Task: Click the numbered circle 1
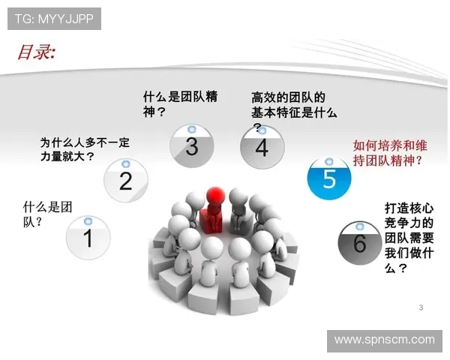(87, 238)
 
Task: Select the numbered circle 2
(125, 181)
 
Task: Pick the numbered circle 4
(261, 147)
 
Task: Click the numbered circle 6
(359, 243)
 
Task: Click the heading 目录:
(37, 52)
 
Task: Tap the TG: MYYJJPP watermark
(54, 19)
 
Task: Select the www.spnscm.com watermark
(384, 340)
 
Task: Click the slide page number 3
(421, 307)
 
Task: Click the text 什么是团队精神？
(181, 104)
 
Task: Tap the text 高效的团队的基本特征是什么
(294, 105)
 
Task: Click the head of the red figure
(215, 193)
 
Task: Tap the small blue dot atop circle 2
(125, 163)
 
